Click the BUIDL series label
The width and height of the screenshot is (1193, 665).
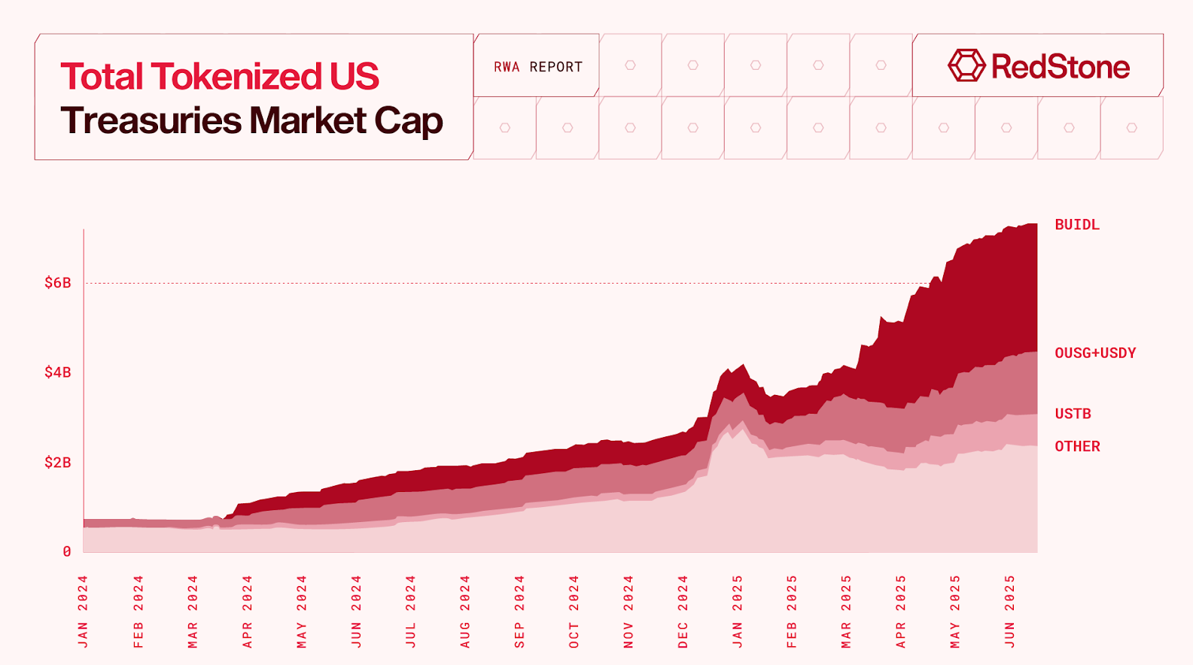(x=1076, y=225)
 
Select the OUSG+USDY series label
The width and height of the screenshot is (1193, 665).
(x=1095, y=354)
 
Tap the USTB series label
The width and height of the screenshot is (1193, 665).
(x=1073, y=414)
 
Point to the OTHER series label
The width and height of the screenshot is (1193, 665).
(x=1077, y=447)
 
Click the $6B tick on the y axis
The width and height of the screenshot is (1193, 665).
(x=58, y=283)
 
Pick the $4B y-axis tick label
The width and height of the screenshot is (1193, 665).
(x=58, y=372)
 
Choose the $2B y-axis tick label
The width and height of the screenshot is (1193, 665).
(x=58, y=463)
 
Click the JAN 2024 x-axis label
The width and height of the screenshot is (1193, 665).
(x=83, y=612)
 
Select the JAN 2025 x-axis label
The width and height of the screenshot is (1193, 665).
(x=738, y=612)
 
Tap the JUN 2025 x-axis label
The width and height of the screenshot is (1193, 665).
(x=1010, y=612)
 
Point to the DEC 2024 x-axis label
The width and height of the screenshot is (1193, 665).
(x=683, y=612)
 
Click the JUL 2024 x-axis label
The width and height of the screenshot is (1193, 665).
(x=410, y=612)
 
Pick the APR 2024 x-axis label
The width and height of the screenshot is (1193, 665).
(x=247, y=612)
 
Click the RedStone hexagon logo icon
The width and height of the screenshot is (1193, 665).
(x=966, y=66)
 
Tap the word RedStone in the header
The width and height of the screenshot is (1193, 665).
(x=1060, y=67)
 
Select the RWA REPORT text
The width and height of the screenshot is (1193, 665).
(x=537, y=67)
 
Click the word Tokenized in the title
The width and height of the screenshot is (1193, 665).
(x=236, y=77)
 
